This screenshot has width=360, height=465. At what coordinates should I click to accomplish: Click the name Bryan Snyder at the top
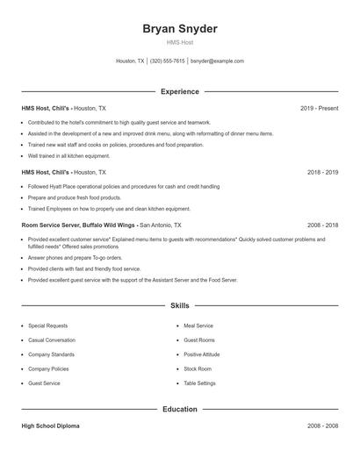tap(180, 28)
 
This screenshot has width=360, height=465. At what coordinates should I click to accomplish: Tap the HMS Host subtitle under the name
tap(180, 42)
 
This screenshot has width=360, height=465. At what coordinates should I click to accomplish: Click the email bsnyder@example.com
tap(217, 61)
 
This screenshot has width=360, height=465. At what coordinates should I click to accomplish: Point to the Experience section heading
tap(180, 91)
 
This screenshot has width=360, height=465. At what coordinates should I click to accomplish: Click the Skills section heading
tap(180, 306)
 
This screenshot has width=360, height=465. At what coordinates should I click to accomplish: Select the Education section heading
tap(180, 410)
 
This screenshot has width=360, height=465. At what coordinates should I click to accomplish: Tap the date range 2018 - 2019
tap(322, 173)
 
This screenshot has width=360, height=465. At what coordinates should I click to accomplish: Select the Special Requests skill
tap(48, 325)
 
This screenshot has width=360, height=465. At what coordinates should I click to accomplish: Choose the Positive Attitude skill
tap(203, 354)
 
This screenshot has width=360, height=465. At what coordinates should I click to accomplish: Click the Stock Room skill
tap(198, 369)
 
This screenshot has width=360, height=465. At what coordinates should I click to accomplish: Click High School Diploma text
tap(50, 426)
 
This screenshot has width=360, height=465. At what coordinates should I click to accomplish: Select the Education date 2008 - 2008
tap(322, 426)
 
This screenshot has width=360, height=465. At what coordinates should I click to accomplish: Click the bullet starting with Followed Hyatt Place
tap(122, 187)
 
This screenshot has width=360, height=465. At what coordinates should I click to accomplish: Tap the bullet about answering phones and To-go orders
tap(75, 258)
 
